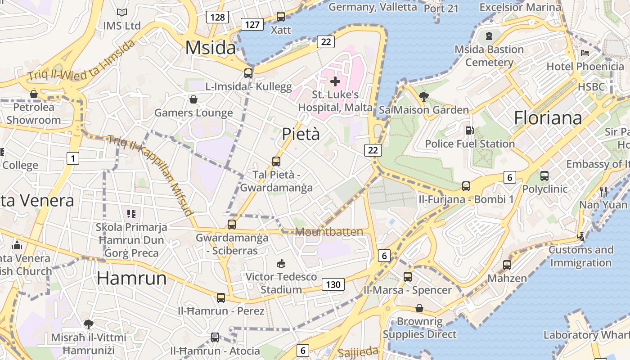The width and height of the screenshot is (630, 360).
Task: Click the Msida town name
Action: point(211,47)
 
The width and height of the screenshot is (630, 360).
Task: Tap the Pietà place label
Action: point(301,134)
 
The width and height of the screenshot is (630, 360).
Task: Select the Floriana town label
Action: point(548,118)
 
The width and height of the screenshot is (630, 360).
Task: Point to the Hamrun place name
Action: point(132,279)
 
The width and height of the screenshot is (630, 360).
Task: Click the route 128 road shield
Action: point(217,17)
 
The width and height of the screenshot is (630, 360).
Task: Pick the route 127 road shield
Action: point(252,24)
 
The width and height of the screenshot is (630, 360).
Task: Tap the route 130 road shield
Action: point(333,284)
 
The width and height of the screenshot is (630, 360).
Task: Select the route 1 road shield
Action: point(72,158)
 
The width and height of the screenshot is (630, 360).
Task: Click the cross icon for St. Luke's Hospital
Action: point(335,81)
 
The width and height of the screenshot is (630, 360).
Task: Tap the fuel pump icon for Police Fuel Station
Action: point(469,130)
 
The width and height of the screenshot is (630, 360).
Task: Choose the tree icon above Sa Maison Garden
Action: point(423,96)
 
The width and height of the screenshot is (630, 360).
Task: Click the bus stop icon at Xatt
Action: point(281,17)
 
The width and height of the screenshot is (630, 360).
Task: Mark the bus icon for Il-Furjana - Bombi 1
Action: point(466,186)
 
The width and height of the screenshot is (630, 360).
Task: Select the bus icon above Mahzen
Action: point(507,265)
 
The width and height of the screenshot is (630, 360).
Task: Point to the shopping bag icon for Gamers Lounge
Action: point(193,99)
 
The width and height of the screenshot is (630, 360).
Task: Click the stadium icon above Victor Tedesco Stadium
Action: point(281,263)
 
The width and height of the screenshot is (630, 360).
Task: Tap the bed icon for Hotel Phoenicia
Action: point(585,53)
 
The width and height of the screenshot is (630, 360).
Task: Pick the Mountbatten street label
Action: point(329,232)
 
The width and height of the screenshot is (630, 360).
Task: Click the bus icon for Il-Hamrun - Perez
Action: point(221,297)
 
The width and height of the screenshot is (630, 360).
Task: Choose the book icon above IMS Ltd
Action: point(121,12)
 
